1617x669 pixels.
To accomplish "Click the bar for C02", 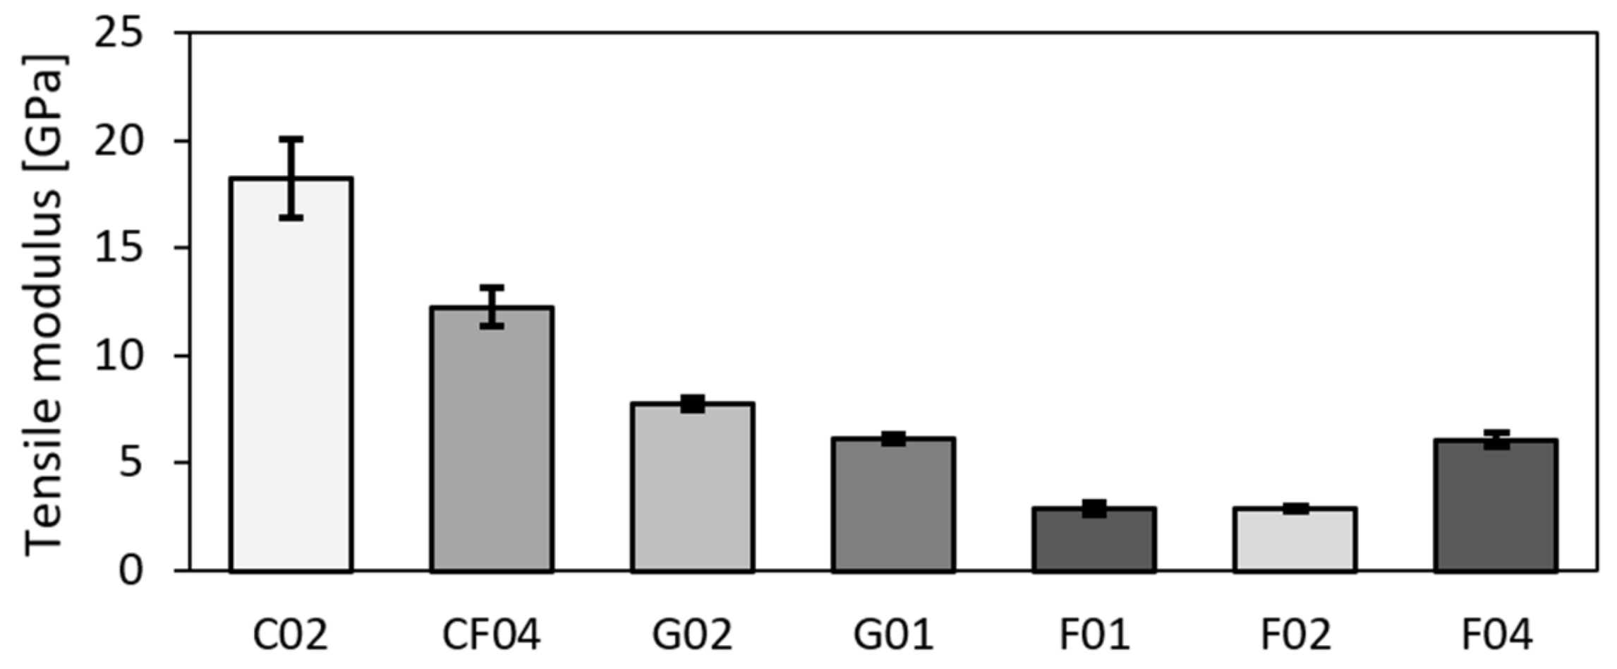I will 291,374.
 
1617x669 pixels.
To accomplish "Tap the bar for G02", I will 693,487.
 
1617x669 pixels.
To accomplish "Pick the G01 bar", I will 893,505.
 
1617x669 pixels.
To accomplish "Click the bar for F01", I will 1094,539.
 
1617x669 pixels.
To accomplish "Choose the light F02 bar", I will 1295,539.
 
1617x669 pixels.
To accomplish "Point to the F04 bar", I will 1496,505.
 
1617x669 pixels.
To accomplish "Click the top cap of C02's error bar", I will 291,139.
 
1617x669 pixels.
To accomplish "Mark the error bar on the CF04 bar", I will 492,306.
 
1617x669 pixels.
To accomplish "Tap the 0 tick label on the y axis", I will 131,570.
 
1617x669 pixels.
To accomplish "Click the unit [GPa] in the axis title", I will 44,113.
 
